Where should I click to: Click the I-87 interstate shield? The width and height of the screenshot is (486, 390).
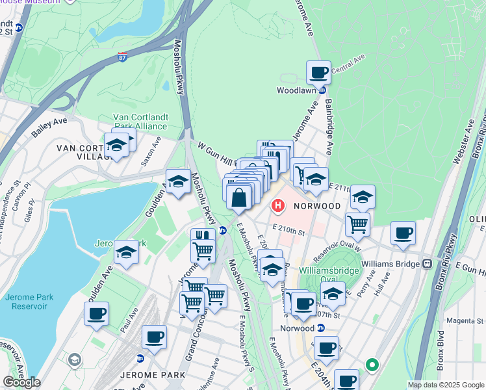click(123, 58)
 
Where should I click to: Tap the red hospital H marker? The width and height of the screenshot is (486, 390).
click(278, 207)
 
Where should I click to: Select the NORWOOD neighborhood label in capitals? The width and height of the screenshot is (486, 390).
click(316, 205)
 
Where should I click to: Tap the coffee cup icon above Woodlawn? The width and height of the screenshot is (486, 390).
click(318, 72)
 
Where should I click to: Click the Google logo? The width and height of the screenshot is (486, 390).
click(21, 382)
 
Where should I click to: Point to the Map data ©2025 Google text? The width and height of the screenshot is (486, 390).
click(446, 385)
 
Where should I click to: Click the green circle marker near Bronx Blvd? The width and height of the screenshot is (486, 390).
click(372, 365)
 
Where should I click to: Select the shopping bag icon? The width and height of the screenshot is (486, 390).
click(239, 197)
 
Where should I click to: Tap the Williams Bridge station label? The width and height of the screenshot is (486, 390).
click(388, 263)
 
